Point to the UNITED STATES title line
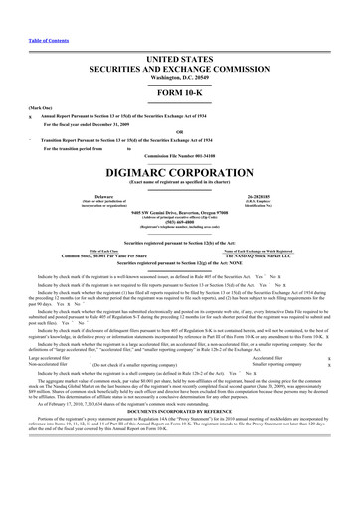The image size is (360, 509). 179,32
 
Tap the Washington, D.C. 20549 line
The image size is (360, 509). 179,51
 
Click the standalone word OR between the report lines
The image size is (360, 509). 179,108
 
